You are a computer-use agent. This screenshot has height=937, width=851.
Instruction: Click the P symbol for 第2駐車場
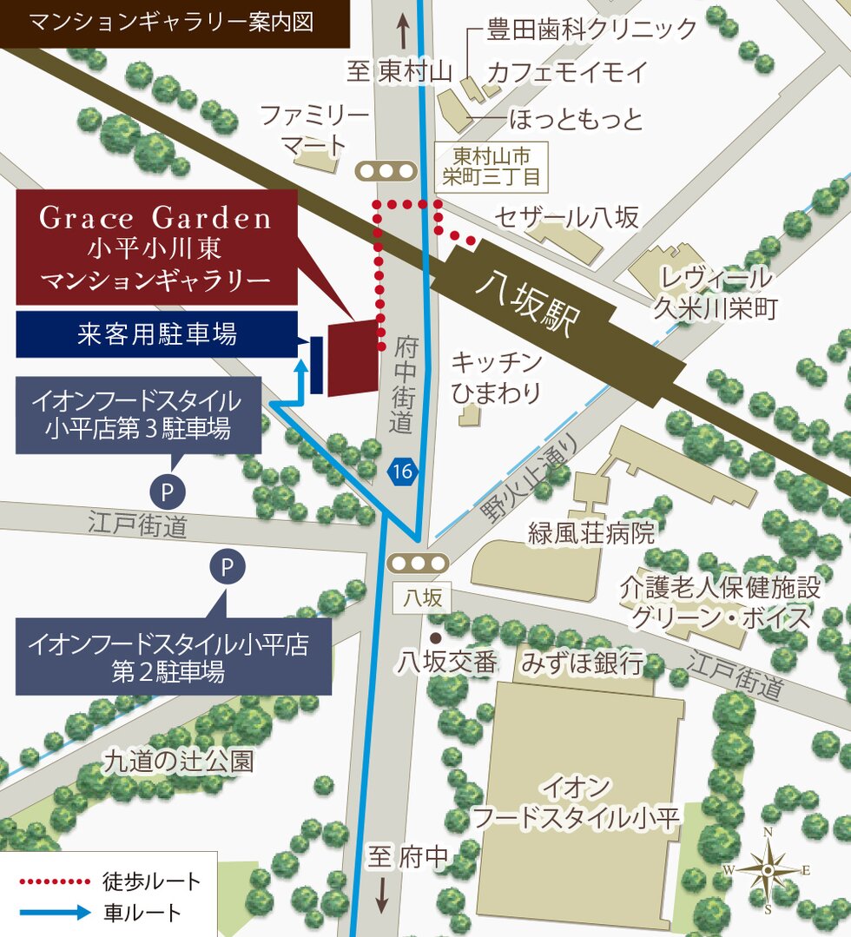[228, 568]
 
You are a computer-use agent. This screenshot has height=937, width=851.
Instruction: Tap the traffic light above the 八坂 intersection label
[418, 563]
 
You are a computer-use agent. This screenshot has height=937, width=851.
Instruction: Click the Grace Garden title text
[155, 218]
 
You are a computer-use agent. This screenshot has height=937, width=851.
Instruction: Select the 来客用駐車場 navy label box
[155, 334]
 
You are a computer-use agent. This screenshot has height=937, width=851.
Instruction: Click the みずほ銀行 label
[583, 663]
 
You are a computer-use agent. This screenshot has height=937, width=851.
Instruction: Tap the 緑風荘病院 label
[591, 532]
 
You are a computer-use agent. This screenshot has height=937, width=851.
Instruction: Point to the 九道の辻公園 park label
[179, 762]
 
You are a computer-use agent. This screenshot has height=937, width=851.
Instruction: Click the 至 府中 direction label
[407, 858]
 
